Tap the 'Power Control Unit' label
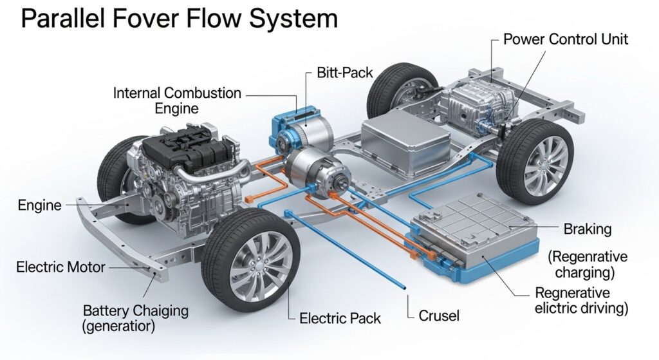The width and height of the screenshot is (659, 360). pyautogui.click(x=565, y=39)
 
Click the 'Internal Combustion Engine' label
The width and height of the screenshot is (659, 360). pyautogui.click(x=177, y=100)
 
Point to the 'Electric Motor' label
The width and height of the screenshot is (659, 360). pyautogui.click(x=60, y=266)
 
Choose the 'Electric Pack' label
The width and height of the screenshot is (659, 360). pyautogui.click(x=340, y=317)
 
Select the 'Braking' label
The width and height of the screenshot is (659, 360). pyautogui.click(x=587, y=229)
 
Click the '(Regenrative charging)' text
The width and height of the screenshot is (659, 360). pyautogui.click(x=588, y=264)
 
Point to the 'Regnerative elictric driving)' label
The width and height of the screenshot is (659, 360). pyautogui.click(x=581, y=300)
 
